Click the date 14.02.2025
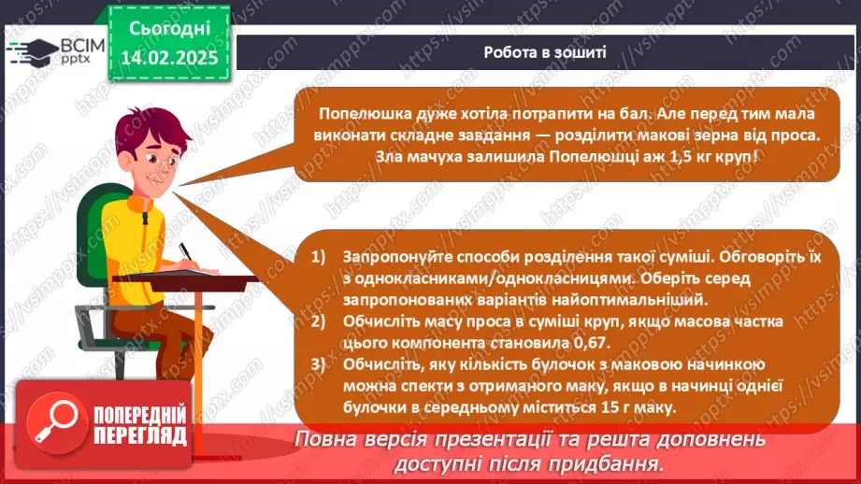point(169,58)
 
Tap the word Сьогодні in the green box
point(169,29)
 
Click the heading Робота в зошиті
point(545,52)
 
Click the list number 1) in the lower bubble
point(319,257)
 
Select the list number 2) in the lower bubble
point(319,321)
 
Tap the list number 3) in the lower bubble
point(319,364)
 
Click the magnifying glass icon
point(56,422)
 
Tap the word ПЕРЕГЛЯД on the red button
point(140,436)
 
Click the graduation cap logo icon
point(33,51)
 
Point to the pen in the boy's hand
point(187,252)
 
